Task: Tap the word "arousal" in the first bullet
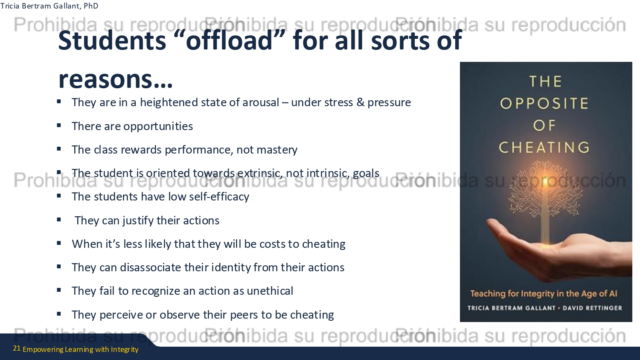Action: coord(261,102)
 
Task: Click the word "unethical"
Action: coord(270,291)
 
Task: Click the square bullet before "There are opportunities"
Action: coord(59,125)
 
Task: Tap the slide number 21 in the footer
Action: coord(17,348)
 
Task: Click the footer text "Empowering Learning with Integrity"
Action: coord(81,349)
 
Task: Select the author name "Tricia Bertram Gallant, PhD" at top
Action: coord(49,6)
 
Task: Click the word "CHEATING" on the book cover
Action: coord(544,148)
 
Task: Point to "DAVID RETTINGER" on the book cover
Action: coord(592,308)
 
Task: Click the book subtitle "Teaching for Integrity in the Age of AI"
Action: coord(544,294)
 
